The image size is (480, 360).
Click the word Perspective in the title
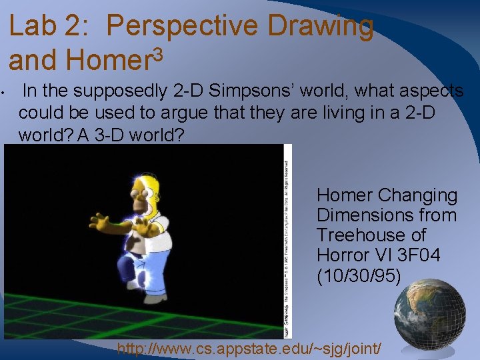[x=183, y=27]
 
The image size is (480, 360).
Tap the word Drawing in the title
[x=320, y=27]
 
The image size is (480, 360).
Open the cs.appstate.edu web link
[x=249, y=347]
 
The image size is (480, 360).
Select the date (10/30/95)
[x=359, y=275]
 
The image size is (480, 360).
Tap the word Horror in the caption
[x=343, y=255]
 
